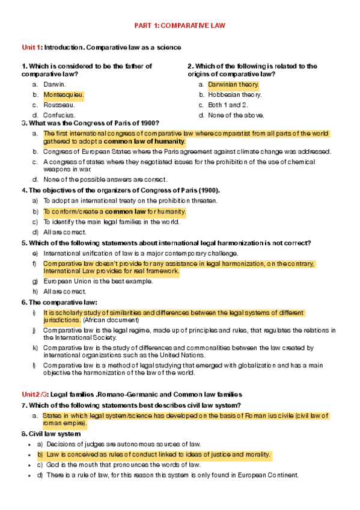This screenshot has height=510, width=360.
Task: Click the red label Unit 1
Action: [31, 47]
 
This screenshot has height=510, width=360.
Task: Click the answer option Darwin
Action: [54, 85]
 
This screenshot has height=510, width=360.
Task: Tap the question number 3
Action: [23, 123]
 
